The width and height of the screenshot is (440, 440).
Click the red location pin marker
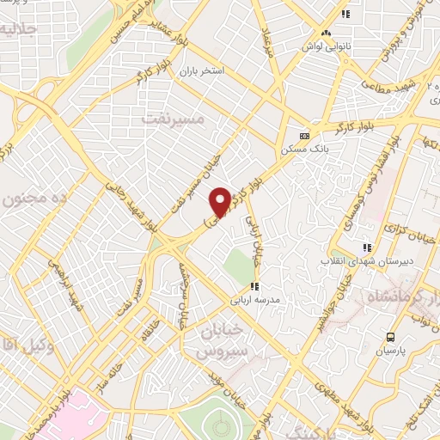(x=220, y=201)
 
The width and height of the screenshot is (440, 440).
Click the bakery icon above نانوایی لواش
(x=326, y=33)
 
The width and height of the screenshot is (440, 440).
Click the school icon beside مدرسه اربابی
(x=254, y=287)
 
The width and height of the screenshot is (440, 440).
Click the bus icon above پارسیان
(x=391, y=337)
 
